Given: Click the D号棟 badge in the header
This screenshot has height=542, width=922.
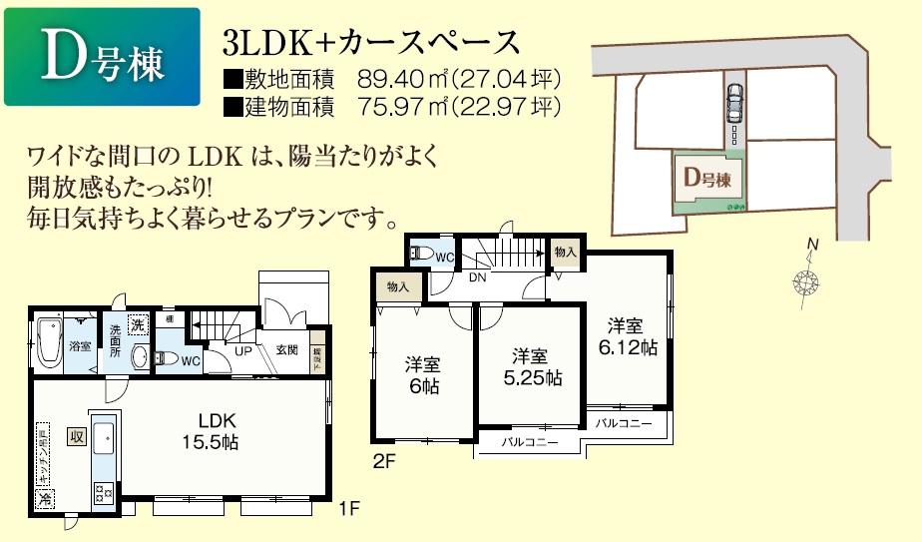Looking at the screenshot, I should pos(101,58).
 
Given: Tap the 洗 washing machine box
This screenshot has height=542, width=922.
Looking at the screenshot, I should pos(137,323).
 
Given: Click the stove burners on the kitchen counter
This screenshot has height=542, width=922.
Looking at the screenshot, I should pos(104,490).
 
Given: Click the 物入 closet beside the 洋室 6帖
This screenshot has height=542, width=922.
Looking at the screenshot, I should pos(396,287).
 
